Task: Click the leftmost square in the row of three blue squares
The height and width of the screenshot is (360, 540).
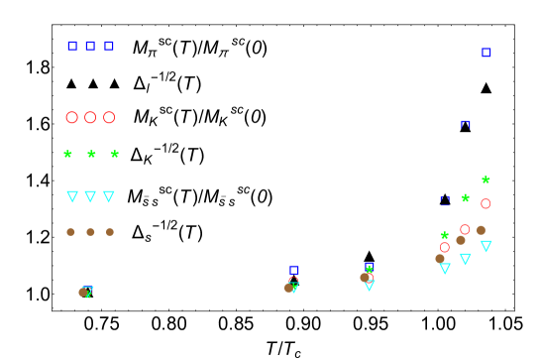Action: [72, 46]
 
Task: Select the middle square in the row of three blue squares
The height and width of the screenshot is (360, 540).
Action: [90, 46]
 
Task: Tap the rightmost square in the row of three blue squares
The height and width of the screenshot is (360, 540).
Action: [109, 46]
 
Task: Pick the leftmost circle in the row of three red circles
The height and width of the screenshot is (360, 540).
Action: [71, 117]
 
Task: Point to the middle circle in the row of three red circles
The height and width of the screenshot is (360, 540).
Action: [90, 117]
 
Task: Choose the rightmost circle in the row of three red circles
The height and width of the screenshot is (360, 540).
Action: [109, 117]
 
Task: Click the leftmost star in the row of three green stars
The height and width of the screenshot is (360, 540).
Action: [67, 154]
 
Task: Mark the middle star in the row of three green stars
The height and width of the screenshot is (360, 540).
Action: [91, 154]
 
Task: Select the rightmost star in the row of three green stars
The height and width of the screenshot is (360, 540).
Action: [115, 154]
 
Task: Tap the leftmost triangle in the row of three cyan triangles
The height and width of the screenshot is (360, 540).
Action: [72, 196]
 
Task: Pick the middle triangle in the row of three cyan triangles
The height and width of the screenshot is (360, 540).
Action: [90, 196]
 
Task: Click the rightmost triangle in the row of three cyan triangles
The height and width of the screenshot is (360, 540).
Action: [109, 196]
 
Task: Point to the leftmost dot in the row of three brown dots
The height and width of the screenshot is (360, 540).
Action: [70, 232]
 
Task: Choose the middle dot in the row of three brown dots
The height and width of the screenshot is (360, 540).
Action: [90, 232]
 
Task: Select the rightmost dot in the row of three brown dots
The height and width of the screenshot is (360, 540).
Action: [110, 232]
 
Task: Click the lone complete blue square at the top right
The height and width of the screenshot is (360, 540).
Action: [486, 53]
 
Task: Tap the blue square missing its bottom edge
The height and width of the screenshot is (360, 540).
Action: [466, 125]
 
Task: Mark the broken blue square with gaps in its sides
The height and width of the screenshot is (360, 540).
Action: [445, 200]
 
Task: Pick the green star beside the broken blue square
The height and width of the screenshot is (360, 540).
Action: [465, 198]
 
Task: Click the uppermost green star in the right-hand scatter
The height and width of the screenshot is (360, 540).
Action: [486, 180]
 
